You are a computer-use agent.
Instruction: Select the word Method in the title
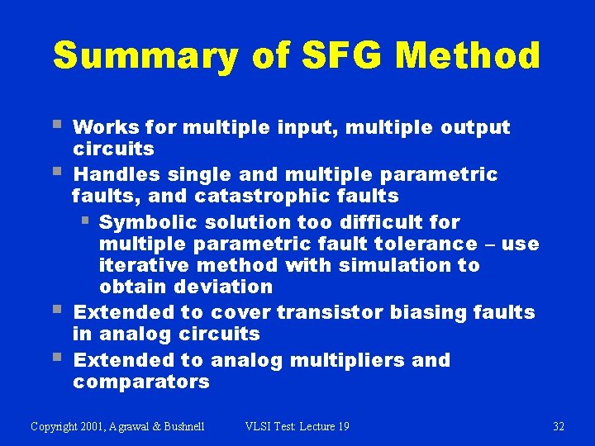468,56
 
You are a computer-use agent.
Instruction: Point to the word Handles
116,175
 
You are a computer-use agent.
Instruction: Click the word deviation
221,287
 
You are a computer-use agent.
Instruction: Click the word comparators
141,382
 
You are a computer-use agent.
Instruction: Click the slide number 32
558,426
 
